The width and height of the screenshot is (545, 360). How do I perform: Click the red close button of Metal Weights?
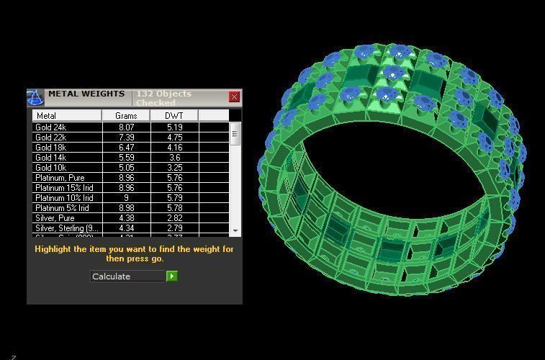pos(235,96)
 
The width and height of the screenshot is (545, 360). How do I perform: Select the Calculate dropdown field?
pos(128,276)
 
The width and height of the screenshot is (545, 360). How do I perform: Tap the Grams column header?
pos(126,115)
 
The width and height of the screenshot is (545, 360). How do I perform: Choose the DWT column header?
pos(174,115)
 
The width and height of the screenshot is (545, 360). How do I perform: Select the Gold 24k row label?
pos(51,127)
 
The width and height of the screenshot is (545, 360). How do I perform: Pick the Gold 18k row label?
pos(51,148)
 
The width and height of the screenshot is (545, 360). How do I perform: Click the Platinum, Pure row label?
pos(60,178)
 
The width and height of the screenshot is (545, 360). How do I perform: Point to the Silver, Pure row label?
pos(55,218)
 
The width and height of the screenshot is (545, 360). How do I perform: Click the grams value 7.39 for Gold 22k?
pos(126,138)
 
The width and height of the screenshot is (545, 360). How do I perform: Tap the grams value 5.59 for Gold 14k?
pos(126,158)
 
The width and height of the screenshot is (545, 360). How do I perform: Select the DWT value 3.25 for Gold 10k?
pos(174,168)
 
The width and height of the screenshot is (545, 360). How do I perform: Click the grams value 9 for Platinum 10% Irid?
pos(126,198)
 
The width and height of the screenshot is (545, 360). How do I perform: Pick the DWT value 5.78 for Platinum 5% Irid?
pos(174,208)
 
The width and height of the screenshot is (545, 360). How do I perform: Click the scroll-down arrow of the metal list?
pos(235,230)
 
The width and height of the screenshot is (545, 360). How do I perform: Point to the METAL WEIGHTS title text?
pos(86,94)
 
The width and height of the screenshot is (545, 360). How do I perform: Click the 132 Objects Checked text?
pos(163,98)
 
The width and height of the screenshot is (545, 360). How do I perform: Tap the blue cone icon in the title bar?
pos(35,98)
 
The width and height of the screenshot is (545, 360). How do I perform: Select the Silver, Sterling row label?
pos(66,228)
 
